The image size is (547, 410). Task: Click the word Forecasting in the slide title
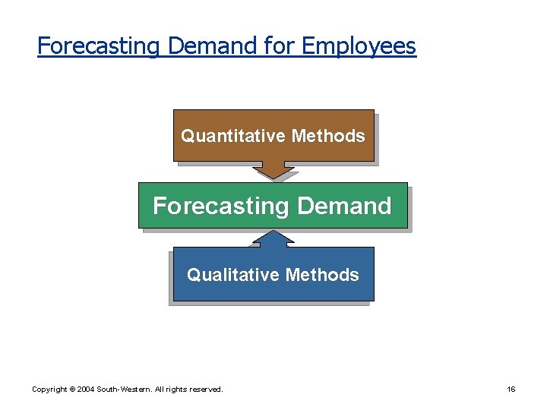pos(99,46)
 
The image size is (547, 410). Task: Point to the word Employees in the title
pos(359,46)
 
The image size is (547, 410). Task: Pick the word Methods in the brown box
pos(328,136)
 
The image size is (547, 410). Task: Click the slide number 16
pos(511,389)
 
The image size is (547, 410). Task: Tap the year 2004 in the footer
pos(86,389)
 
